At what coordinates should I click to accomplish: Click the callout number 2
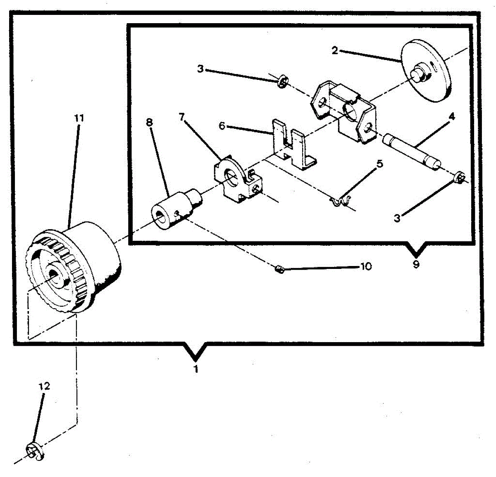tap(335, 50)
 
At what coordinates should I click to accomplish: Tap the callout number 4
tap(452, 117)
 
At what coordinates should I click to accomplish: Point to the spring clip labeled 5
tap(341, 201)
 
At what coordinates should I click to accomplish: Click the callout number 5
tap(379, 164)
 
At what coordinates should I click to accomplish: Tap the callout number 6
tap(222, 126)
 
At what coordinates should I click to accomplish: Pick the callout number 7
tap(182, 117)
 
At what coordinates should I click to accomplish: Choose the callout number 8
tap(149, 122)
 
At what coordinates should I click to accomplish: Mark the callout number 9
tap(416, 264)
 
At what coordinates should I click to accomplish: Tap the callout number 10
tap(366, 266)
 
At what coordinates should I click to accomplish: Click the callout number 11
tap(79, 118)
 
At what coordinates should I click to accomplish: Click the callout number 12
tap(44, 386)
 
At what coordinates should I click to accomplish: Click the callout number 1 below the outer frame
tap(196, 369)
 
